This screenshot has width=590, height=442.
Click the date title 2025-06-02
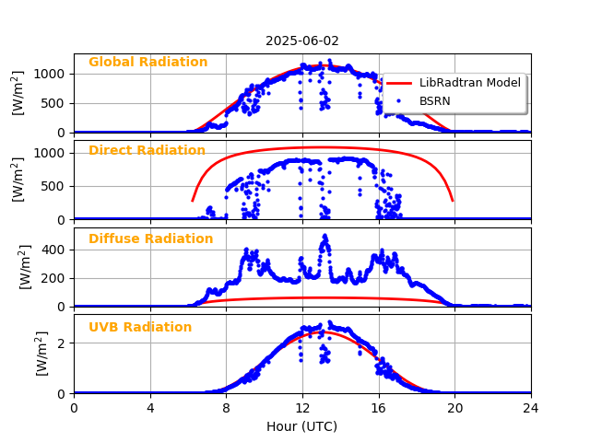click(302, 41)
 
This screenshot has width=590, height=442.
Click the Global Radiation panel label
click(147, 63)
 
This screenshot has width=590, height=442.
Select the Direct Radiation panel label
click(147, 151)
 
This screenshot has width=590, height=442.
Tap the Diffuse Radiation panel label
click(150, 239)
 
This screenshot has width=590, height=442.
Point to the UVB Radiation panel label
click(140, 328)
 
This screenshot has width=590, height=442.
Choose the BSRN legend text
click(435, 100)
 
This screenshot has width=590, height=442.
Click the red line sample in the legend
click(399, 83)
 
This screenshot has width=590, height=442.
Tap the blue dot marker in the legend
click(399, 100)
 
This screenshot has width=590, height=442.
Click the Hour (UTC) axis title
click(301, 426)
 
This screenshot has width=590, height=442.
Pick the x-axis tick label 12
click(302, 408)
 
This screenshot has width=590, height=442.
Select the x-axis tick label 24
click(530, 408)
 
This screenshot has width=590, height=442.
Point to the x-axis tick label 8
click(226, 408)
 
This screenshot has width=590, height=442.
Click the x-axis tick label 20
click(454, 408)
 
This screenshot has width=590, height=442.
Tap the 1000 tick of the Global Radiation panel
click(51, 74)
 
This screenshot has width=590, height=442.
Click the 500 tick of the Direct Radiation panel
click(54, 186)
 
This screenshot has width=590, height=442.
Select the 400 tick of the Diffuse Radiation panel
click(54, 250)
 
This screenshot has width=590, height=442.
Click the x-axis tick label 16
click(378, 408)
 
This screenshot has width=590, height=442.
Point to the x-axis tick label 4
click(150, 408)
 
